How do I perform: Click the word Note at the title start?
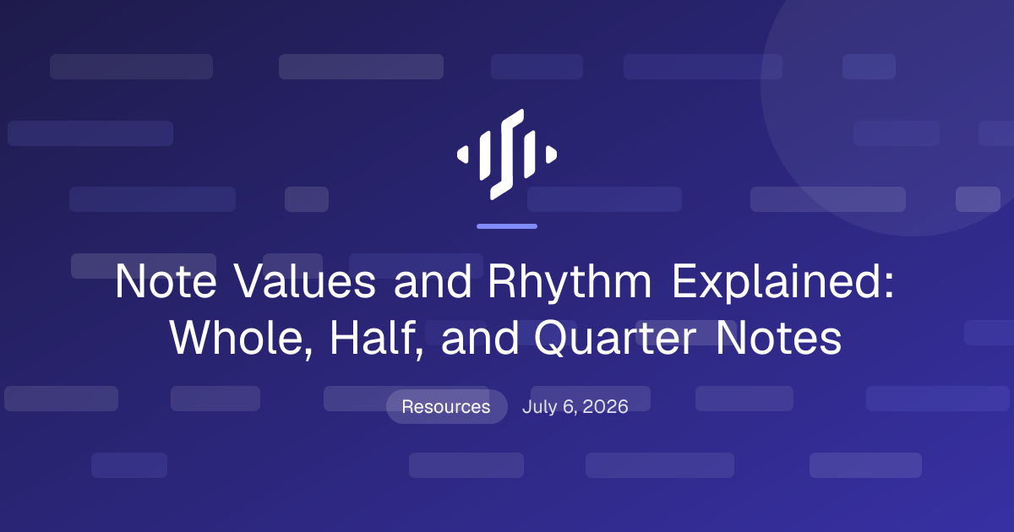click(166, 281)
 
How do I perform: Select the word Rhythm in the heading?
click(570, 281)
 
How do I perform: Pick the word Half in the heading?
click(377, 338)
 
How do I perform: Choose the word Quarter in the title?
click(616, 339)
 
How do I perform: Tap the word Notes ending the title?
click(778, 338)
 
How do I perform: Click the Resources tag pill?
click(446, 406)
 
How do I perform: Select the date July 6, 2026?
click(575, 407)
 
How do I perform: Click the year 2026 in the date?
click(605, 407)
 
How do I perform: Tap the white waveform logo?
click(507, 155)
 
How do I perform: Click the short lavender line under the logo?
click(507, 226)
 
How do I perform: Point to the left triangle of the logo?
click(463, 155)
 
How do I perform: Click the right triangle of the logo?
click(551, 155)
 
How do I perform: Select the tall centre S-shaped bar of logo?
click(507, 155)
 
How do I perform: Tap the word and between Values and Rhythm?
click(433, 281)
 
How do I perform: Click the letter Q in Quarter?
click(549, 339)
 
